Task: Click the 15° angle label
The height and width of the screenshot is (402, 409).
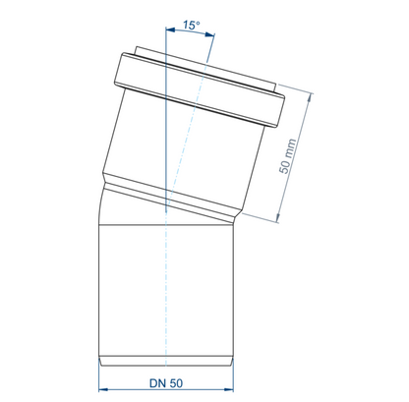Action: click(192, 25)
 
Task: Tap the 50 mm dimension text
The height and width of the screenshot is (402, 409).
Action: click(287, 156)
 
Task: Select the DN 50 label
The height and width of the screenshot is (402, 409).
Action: click(166, 383)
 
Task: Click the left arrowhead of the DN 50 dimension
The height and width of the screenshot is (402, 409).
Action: click(103, 389)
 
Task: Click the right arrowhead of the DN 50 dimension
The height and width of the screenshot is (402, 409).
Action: click(229, 389)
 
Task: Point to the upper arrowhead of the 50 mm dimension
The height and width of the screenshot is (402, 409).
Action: click(309, 97)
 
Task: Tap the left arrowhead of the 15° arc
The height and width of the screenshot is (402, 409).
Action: click(170, 30)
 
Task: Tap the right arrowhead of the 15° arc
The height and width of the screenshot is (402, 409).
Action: click(210, 34)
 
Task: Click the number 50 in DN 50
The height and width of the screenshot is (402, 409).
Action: click(176, 383)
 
